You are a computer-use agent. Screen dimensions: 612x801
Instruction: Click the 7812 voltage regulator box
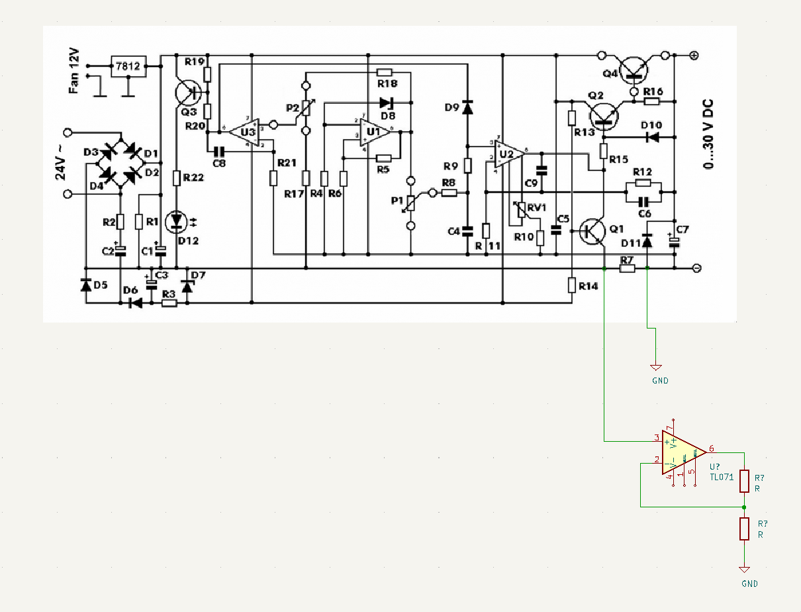127,66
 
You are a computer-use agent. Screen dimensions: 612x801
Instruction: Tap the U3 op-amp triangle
245,132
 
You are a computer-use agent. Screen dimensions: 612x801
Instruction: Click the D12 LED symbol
177,221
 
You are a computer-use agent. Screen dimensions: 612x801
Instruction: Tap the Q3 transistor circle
187,93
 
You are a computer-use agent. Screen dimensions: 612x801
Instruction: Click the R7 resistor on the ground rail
628,268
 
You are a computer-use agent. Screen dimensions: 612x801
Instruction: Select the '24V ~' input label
61,163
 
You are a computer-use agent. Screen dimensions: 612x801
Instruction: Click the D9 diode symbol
467,107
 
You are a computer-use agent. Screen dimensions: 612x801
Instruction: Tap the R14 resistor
571,285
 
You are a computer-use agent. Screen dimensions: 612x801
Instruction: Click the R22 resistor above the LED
177,178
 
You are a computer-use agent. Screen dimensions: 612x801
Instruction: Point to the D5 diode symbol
85,285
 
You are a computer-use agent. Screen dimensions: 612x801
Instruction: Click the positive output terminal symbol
695,56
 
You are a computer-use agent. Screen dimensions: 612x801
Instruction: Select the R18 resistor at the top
385,72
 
